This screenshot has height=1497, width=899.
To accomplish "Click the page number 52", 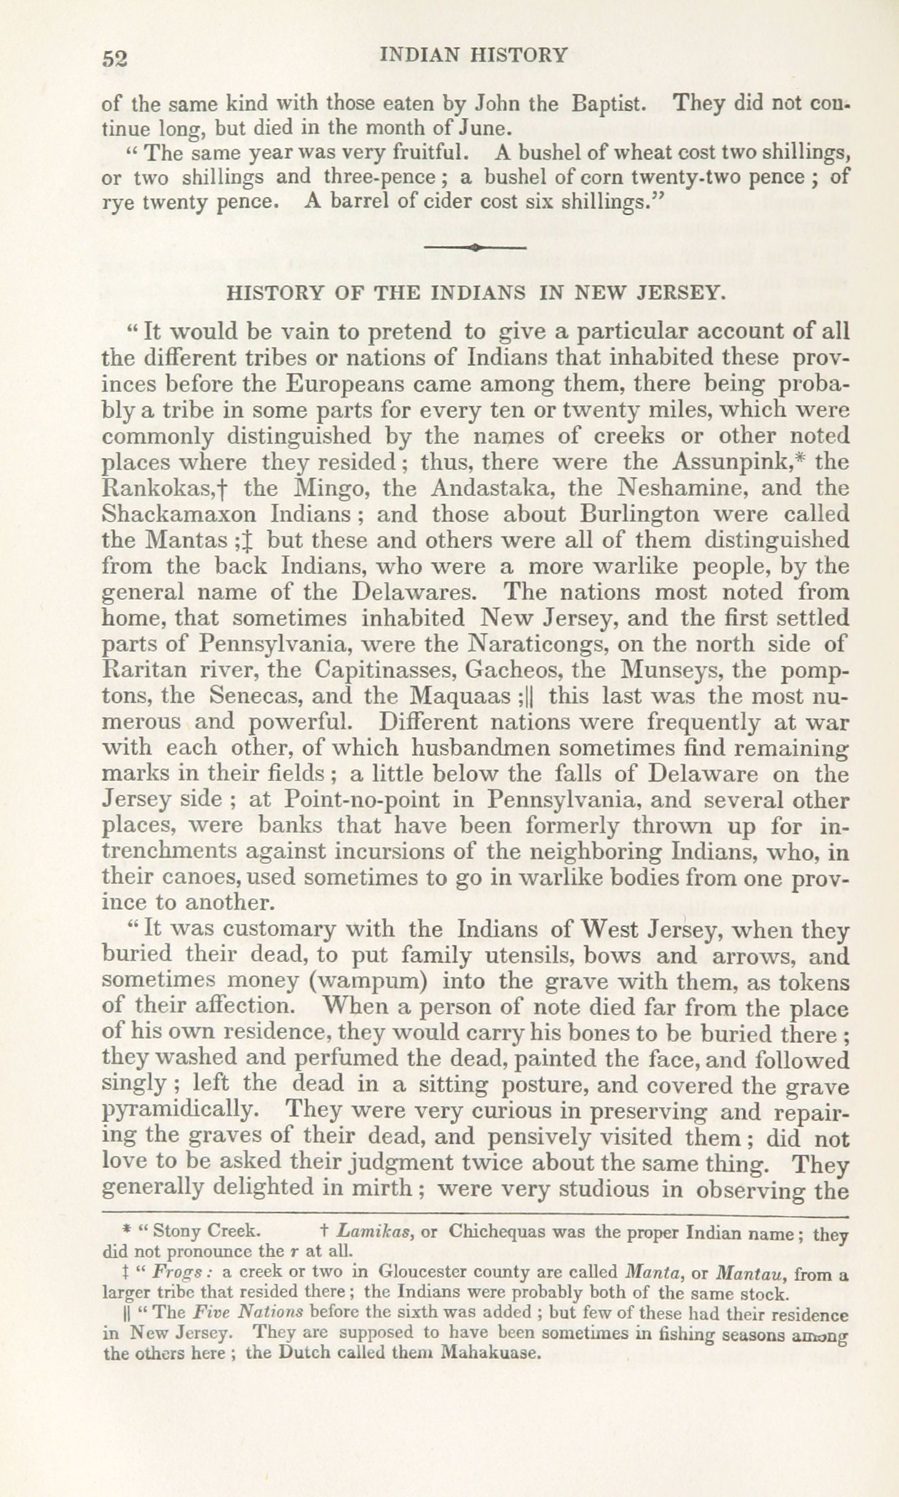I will pyautogui.click(x=114, y=58).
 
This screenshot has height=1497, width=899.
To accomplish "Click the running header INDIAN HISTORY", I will pyautogui.click(x=474, y=55).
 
